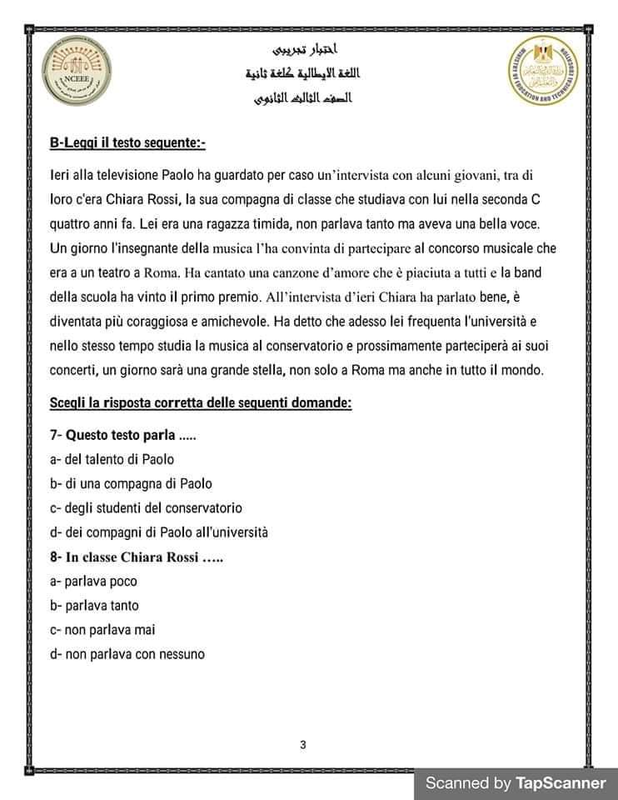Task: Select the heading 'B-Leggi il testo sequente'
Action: coord(127,144)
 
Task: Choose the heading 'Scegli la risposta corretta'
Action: coord(201,403)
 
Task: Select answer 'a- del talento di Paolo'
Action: coord(112,459)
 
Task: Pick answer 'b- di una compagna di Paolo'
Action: coord(131,483)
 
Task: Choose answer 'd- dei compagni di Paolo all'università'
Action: coord(159,532)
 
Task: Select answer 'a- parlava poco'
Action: coord(93,581)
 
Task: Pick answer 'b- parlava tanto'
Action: coord(94,605)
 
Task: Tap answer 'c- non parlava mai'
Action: coord(102,629)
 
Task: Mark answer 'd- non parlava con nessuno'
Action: coord(127,654)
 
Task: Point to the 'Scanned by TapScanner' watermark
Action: coord(516,783)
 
